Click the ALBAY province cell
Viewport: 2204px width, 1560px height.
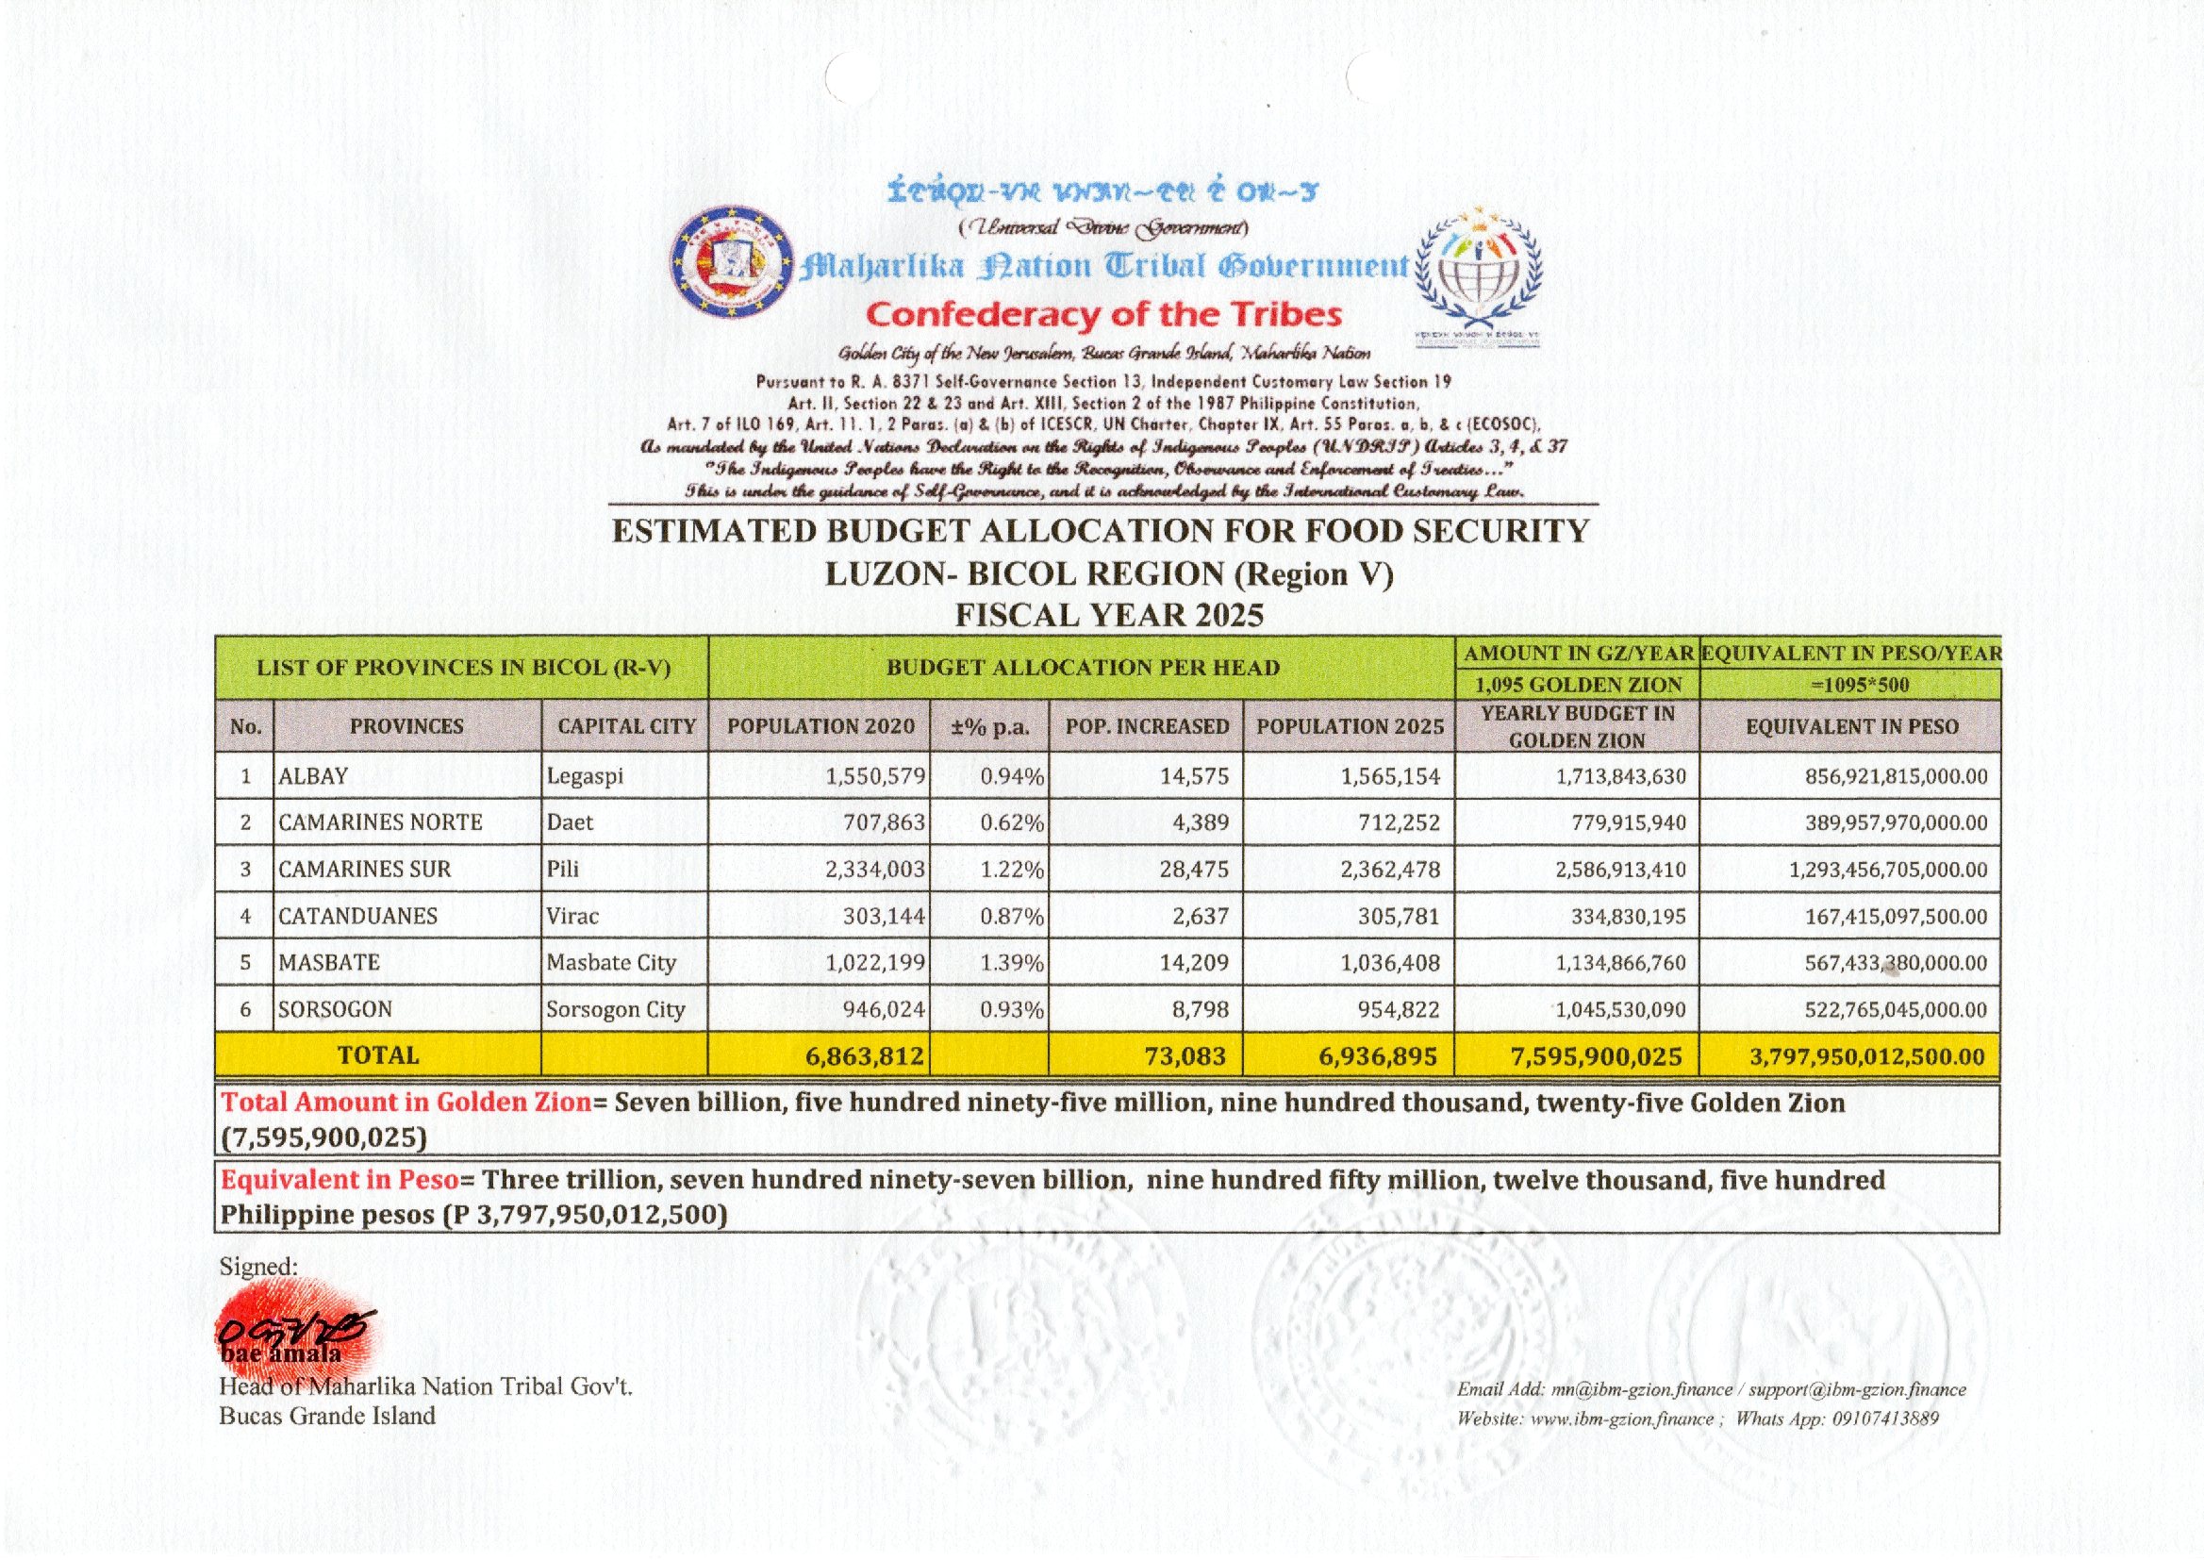tap(313, 776)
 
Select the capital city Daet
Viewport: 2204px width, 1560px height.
tap(570, 822)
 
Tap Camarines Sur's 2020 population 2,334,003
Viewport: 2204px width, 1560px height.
tap(875, 870)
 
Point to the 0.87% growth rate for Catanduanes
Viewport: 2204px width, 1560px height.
tap(1011, 917)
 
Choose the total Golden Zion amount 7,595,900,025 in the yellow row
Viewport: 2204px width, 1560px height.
tap(1596, 1056)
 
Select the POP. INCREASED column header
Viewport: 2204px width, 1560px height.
tap(1147, 726)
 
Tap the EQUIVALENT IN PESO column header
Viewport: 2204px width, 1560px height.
tap(1850, 726)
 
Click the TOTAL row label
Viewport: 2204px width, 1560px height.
tap(378, 1055)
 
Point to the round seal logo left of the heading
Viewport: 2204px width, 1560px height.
tap(733, 261)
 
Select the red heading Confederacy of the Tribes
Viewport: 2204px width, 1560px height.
tap(1103, 314)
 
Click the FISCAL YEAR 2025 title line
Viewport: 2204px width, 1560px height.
tap(1108, 615)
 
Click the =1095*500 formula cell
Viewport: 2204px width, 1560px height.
tap(1850, 685)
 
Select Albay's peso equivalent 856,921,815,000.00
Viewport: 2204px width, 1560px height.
tap(1896, 776)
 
